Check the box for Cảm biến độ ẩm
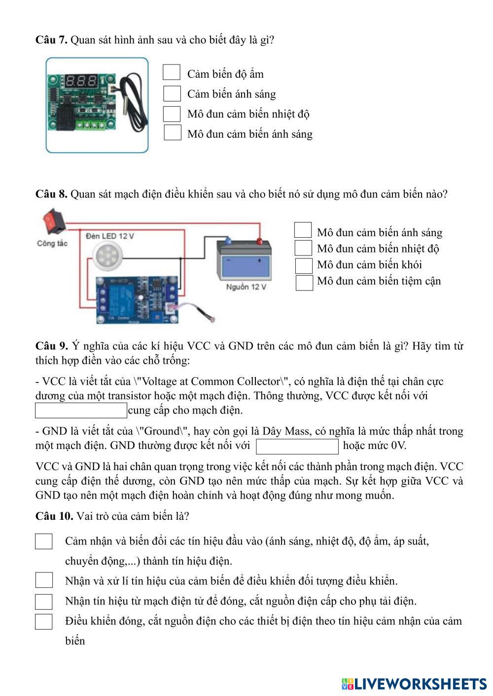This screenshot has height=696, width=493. point(172,72)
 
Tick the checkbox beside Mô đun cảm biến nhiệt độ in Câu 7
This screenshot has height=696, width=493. point(172,113)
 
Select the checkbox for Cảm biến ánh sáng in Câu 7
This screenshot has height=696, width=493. point(172,93)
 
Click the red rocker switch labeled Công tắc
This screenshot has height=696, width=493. point(54,221)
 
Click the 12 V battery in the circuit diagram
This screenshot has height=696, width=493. point(245,261)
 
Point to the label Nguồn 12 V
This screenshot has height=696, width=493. point(246,287)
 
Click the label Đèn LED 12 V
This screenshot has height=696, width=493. point(110,236)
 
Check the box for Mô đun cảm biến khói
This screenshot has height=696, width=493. point(304,265)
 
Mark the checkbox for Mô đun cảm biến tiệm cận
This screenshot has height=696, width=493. point(304,283)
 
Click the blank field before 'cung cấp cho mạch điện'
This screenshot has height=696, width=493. point(81,410)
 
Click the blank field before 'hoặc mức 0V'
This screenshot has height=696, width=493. point(297,446)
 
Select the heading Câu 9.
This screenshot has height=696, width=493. point(51,346)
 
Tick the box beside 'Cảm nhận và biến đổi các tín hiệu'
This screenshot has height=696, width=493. point(44,541)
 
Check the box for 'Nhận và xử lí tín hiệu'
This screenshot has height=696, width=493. point(44,580)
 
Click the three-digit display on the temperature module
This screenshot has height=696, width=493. point(81,81)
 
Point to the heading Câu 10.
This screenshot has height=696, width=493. point(54,516)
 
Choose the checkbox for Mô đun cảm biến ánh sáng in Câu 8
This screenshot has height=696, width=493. point(303,230)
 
